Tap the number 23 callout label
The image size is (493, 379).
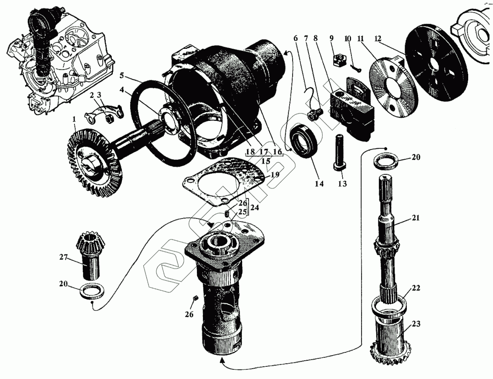coord(415,324)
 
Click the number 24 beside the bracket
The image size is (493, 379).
coord(255,208)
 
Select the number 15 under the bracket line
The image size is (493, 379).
coord(266,161)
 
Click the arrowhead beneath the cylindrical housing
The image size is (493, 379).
coord(223,360)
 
